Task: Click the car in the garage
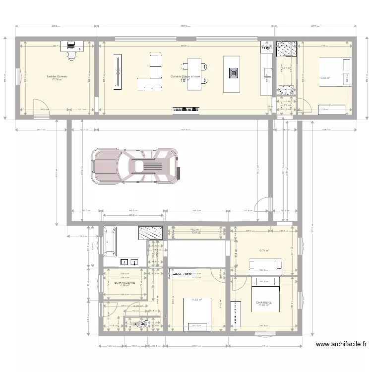pos(134,166)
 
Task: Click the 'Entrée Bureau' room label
pos(57,76)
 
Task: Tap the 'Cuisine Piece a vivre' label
pos(185,77)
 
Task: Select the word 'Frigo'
pos(267,48)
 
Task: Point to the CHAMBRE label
pos(263,302)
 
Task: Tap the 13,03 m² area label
pos(325,78)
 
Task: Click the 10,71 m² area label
pos(263,251)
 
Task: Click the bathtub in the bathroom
pos(110,242)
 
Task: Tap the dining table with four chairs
pos(194,73)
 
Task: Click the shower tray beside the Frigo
pos(286,49)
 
